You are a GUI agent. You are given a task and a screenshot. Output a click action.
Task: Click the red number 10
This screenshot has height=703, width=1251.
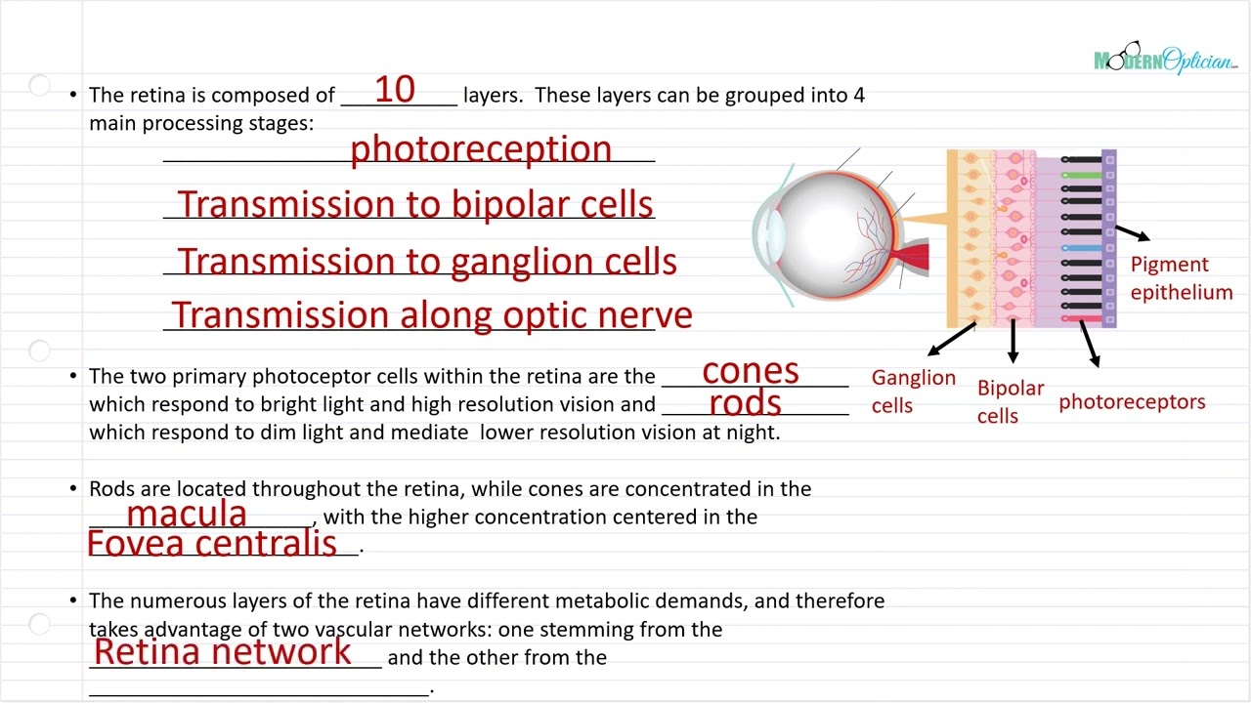[x=395, y=90]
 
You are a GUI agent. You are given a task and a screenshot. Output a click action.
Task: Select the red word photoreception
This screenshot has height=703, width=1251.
[x=481, y=148]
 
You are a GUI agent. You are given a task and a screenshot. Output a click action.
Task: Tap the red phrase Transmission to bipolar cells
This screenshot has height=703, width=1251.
[x=415, y=204]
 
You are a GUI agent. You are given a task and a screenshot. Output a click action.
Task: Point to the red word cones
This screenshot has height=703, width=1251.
[x=751, y=371]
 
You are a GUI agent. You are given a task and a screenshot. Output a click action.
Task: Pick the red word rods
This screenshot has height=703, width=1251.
[x=745, y=402]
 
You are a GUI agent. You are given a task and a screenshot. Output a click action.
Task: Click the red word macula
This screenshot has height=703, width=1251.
[x=187, y=514]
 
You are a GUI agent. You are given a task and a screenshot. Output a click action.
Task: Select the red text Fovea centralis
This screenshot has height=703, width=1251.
[x=212, y=543]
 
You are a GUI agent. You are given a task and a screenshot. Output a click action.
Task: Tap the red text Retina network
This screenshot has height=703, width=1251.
[x=223, y=651]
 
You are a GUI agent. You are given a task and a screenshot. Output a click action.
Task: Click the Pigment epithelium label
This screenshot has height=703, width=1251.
[x=1181, y=278]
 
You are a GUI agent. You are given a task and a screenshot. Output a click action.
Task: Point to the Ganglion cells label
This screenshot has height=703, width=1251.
[x=913, y=391]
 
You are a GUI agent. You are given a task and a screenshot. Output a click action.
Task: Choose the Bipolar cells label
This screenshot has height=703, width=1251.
[x=1011, y=401]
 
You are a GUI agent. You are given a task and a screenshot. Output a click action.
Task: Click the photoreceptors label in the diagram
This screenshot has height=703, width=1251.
[x=1132, y=401]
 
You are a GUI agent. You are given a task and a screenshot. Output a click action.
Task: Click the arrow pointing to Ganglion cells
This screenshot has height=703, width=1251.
[x=950, y=339]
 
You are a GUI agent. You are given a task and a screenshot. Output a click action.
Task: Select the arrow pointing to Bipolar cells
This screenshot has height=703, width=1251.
[x=1013, y=342]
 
